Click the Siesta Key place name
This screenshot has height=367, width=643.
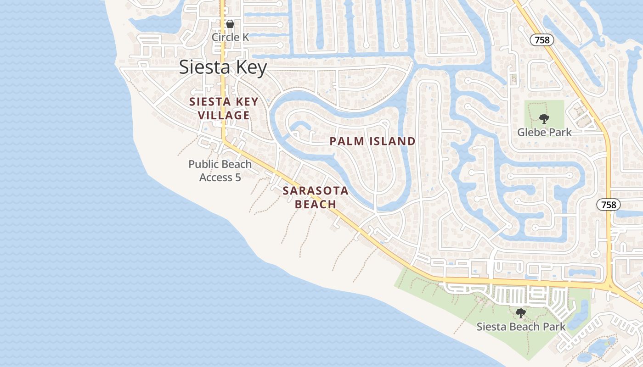point(223,67)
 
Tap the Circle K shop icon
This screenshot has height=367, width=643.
point(230,24)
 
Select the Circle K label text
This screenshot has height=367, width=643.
point(230,37)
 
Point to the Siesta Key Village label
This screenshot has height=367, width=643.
point(224,109)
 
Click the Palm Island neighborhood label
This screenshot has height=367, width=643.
point(372,141)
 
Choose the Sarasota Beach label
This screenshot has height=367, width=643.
point(316,197)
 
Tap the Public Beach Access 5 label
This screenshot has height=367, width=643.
point(220,171)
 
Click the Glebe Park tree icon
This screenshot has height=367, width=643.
point(544,119)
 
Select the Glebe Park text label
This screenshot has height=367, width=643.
point(544,133)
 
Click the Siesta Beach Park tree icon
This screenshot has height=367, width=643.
point(520,313)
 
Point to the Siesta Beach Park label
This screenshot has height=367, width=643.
point(521,327)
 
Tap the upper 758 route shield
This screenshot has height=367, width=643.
point(542,40)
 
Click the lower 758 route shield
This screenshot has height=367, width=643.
point(609,205)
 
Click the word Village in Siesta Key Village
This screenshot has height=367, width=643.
point(225,115)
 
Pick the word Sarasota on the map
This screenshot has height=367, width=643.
point(316,190)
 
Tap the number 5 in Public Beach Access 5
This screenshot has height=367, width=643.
point(237,178)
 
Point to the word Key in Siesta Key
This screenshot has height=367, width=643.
point(251,67)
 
